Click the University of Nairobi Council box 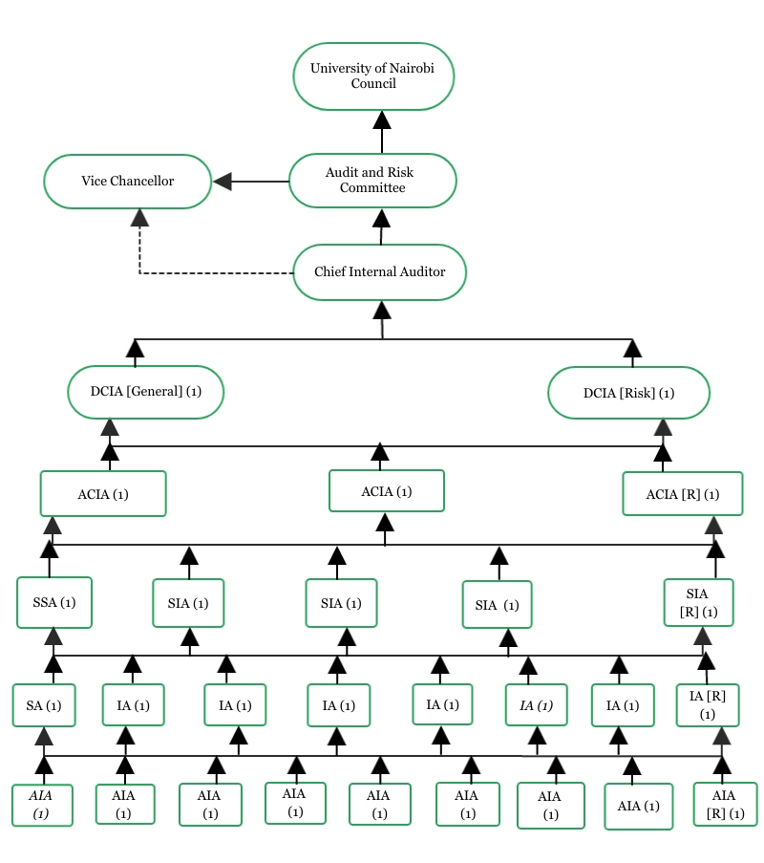coord(372,76)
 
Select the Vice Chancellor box coord(127,181)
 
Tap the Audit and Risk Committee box coord(372,181)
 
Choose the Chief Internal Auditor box coord(379,272)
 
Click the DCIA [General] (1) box coord(145,392)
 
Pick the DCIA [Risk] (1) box coord(628,393)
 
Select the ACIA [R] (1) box coord(682,494)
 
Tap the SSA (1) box coord(54,602)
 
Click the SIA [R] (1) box coord(699,603)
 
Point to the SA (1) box coord(44,705)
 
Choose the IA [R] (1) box coord(707,705)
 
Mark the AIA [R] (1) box coord(724,805)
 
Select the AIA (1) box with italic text coord(42,805)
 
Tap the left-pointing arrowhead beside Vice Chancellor coord(223,181)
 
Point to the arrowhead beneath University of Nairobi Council coord(382,119)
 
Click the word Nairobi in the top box coord(395,68)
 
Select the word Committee coord(372,188)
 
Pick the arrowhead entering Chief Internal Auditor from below coord(382,310)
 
